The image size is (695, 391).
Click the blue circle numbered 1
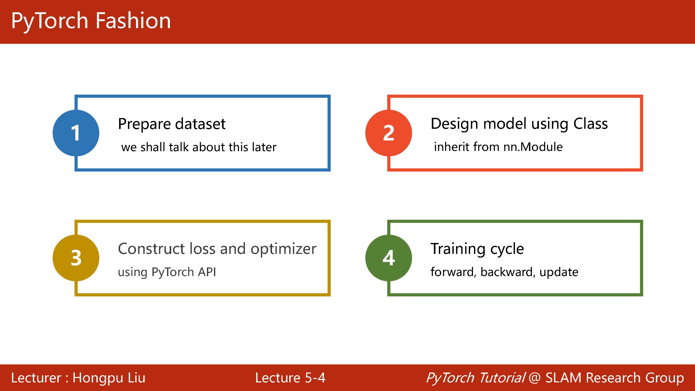pyautogui.click(x=76, y=133)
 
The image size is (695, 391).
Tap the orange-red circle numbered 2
pyautogui.click(x=389, y=133)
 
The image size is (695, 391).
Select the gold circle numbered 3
pyautogui.click(x=76, y=258)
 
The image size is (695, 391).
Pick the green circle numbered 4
pyautogui.click(x=389, y=258)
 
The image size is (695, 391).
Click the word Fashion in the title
pyautogui.click(x=133, y=21)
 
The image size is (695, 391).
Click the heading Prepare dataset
pyautogui.click(x=171, y=124)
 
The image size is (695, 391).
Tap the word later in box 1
pyautogui.click(x=264, y=147)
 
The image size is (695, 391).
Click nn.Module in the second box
pyautogui.click(x=533, y=147)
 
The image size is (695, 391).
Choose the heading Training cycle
pyautogui.click(x=477, y=249)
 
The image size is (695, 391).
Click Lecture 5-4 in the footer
pyautogui.click(x=290, y=378)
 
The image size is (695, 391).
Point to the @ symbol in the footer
pyautogui.click(x=535, y=378)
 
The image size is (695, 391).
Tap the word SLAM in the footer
pyautogui.click(x=563, y=378)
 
